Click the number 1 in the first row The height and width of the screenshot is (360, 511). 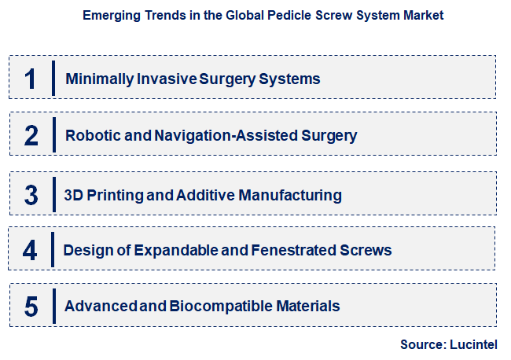(31, 79)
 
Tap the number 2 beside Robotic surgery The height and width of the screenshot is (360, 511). (31, 136)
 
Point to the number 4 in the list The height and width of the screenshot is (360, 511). (30, 251)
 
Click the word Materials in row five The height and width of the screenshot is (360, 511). (310, 307)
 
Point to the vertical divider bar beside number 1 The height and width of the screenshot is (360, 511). (53, 79)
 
